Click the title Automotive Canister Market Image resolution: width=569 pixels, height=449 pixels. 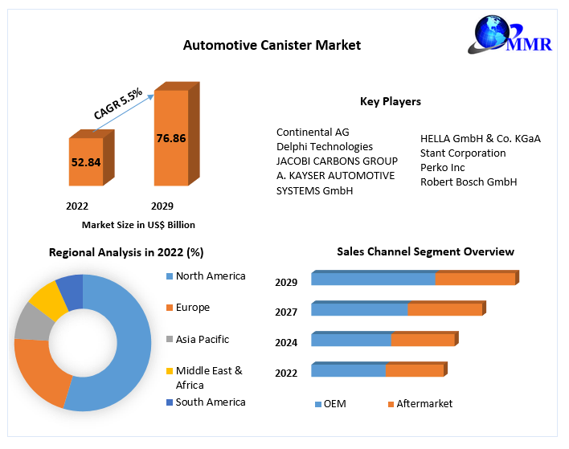272,45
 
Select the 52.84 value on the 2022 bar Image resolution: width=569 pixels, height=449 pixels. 86,162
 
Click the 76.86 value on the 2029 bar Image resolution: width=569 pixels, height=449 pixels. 170,138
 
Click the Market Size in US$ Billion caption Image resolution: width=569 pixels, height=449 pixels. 138,225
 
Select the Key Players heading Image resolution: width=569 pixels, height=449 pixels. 391,101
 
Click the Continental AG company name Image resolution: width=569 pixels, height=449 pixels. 313,132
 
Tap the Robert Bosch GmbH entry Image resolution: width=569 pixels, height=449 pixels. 469,182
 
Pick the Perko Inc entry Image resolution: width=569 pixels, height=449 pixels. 443,167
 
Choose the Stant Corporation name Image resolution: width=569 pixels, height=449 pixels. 463,153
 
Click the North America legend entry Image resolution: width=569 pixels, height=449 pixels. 211,276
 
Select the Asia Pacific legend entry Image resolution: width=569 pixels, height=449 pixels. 203,339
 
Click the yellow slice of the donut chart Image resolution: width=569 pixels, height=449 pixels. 47,299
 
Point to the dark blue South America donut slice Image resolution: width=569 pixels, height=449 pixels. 70,290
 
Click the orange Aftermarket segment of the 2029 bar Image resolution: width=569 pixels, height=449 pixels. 475,279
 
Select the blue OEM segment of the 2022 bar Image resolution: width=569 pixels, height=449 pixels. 348,370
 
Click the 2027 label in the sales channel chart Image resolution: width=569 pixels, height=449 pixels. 286,312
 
